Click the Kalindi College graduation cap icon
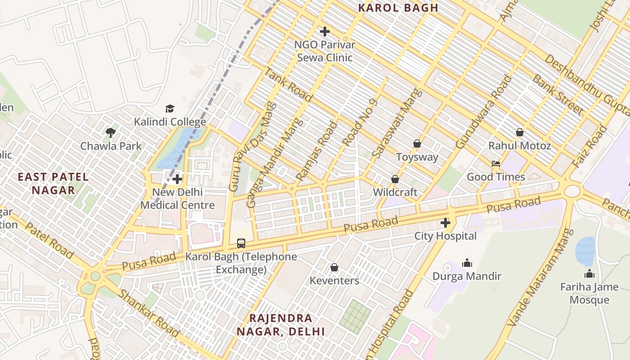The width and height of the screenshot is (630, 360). [170, 108]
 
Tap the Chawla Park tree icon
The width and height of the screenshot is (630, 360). [110, 132]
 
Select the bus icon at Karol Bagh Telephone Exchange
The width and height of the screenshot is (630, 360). [241, 243]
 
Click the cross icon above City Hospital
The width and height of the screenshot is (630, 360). [445, 222]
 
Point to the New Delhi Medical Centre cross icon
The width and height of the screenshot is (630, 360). [177, 179]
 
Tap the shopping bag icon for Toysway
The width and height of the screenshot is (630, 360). [417, 144]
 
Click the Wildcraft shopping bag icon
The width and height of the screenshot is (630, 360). [395, 179]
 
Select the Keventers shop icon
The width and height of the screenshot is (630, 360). [334, 267]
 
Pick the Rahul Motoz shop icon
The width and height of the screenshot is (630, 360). [520, 132]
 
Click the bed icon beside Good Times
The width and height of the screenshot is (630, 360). [496, 164]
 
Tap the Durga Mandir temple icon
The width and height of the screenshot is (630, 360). [467, 263]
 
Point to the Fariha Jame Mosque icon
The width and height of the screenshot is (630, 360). [589, 274]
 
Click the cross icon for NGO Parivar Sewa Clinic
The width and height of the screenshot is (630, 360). [324, 31]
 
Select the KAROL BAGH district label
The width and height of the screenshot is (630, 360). [398, 8]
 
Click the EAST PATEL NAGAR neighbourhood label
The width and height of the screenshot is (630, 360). [53, 183]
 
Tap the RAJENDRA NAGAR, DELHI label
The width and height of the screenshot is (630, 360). [281, 325]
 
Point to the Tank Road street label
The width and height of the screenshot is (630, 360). [288, 84]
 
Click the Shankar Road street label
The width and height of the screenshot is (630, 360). [148, 313]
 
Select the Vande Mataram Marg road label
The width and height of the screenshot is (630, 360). [540, 278]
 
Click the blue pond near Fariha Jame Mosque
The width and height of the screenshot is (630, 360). [585, 251]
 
